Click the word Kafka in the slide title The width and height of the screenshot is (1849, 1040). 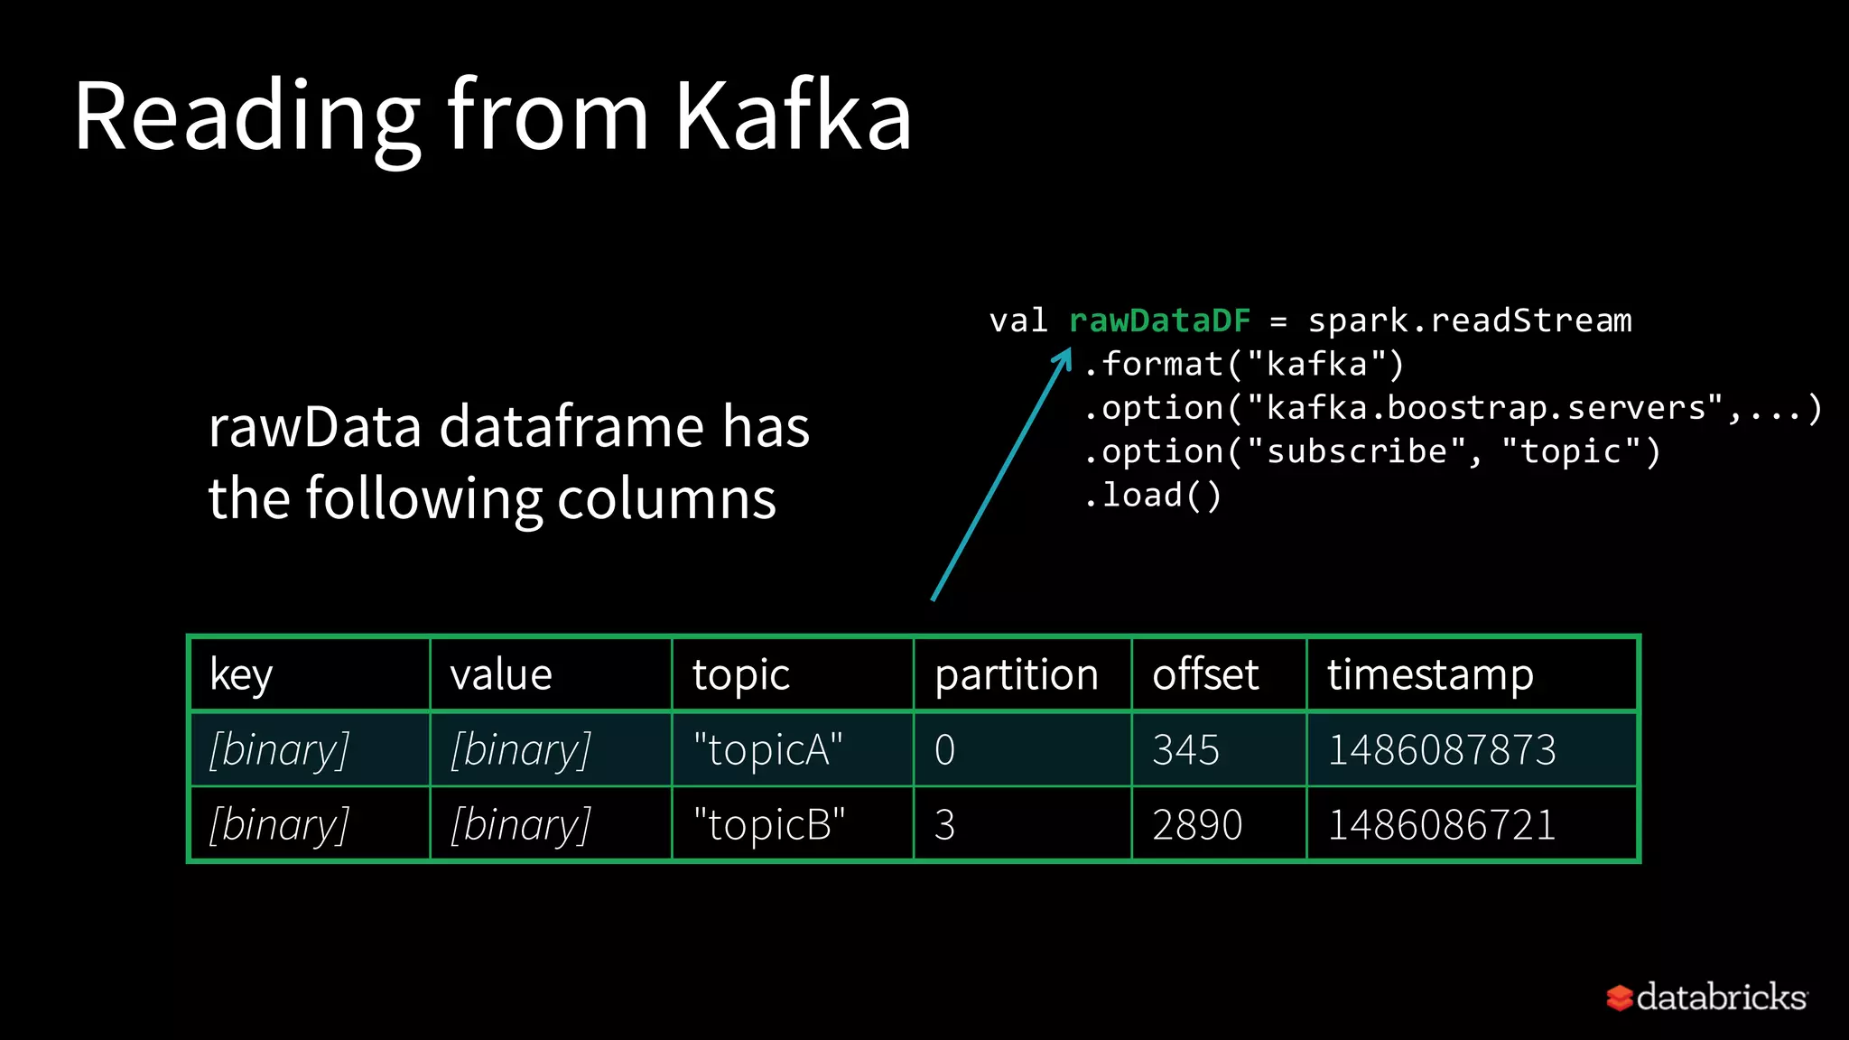point(793,116)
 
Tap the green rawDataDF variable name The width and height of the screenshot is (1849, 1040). point(1160,320)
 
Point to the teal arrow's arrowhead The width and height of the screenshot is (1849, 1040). point(1064,358)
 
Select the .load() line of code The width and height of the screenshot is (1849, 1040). point(1153,496)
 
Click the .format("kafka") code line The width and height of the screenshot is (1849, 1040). point(1244,365)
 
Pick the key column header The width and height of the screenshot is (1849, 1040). point(241,674)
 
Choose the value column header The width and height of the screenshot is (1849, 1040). point(501,674)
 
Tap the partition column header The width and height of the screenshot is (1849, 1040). point(1017,674)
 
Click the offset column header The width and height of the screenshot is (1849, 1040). point(1205,674)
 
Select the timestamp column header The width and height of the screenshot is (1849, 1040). point(1430,674)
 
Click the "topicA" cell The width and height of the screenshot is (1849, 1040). point(767,749)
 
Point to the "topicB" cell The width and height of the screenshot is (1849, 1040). point(768,824)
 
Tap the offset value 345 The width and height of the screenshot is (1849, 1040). point(1185,749)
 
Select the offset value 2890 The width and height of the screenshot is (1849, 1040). point(1197,824)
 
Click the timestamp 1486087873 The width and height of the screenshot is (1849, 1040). point(1442,749)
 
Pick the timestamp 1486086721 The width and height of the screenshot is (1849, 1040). point(1442,824)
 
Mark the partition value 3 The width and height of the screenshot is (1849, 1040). point(944,824)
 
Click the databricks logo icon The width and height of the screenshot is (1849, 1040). point(1619,998)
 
